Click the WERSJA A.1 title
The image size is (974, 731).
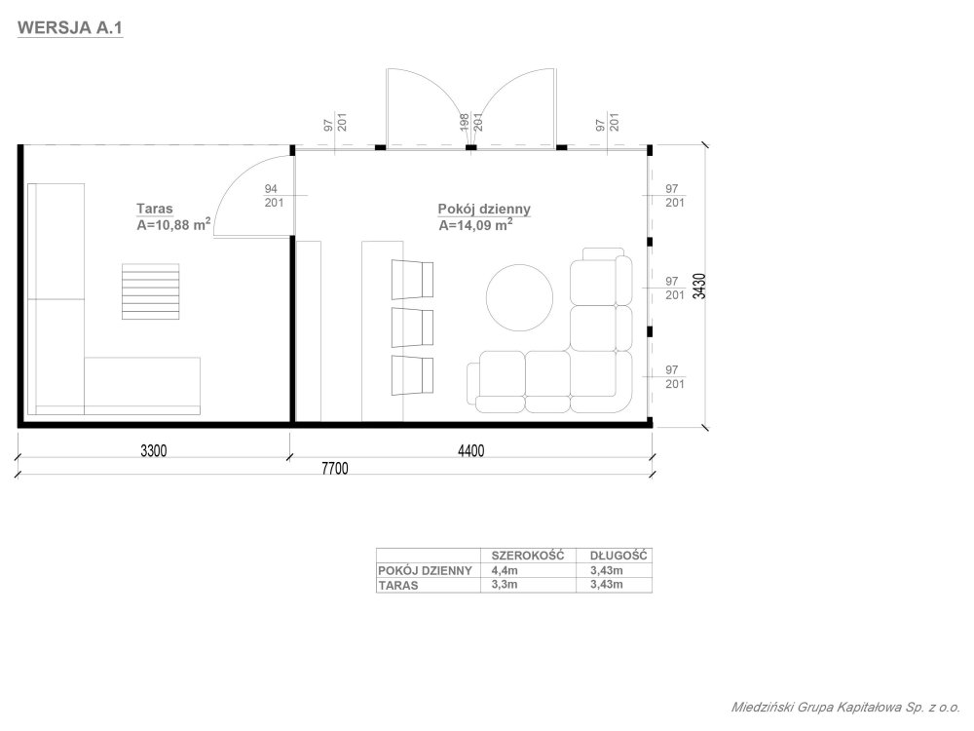click(70, 28)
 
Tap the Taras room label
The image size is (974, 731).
click(155, 209)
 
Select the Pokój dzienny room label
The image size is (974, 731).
click(484, 209)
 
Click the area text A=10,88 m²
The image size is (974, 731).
click(173, 224)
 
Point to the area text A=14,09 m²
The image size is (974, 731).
click(476, 224)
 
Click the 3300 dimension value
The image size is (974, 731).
click(154, 450)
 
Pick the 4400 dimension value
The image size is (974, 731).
click(470, 450)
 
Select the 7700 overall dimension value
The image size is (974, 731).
click(335, 468)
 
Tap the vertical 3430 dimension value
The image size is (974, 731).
click(700, 287)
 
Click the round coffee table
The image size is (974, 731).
click(519, 297)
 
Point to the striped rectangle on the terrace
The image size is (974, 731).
click(150, 291)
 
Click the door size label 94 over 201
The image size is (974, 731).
click(273, 195)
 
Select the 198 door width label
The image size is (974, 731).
click(464, 122)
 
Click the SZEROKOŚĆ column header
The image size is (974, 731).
click(528, 556)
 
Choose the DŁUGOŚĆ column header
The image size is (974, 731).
click(618, 556)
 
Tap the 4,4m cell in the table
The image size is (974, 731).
click(505, 570)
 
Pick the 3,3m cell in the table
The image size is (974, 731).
click(505, 584)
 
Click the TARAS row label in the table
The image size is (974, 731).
click(398, 585)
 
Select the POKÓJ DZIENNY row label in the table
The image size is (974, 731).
click(425, 570)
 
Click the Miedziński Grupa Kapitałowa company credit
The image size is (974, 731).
click(845, 708)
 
